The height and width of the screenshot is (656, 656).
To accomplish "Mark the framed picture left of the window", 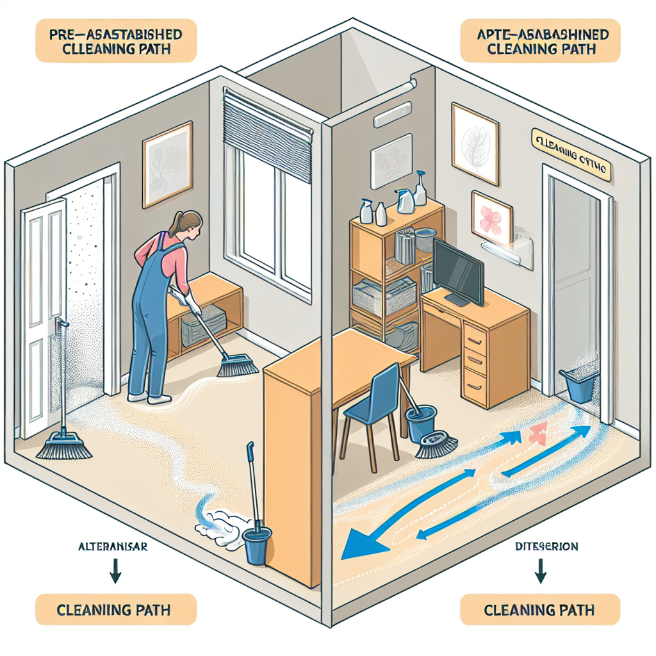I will coord(167,164).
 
